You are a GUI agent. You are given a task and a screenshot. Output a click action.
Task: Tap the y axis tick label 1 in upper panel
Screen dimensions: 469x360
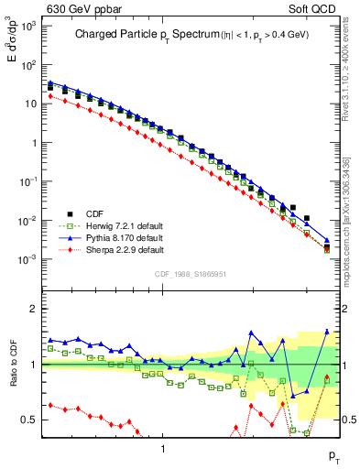pyautogui.click(x=32, y=143)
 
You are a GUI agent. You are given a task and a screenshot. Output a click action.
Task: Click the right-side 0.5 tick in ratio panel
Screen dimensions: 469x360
pyautogui.click(x=348, y=420)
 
